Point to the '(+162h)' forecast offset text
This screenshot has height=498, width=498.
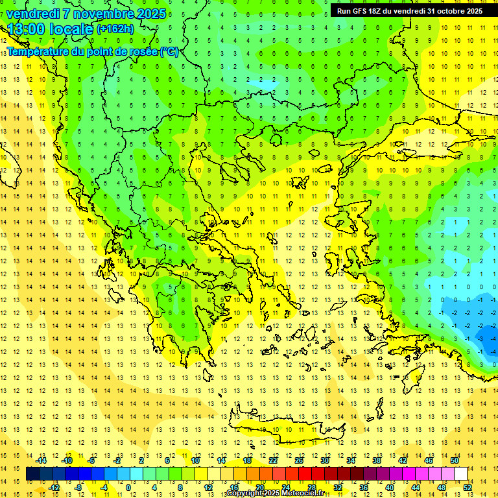115,29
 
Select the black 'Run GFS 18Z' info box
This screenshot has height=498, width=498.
409,10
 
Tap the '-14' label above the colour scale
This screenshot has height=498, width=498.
42,460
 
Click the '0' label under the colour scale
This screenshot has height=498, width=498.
128,488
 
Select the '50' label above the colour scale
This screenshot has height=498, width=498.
454,460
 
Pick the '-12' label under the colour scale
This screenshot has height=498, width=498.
54,488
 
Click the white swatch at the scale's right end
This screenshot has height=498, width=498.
461,474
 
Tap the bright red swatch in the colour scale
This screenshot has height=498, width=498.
305,474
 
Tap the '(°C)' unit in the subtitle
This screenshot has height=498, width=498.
169,51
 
